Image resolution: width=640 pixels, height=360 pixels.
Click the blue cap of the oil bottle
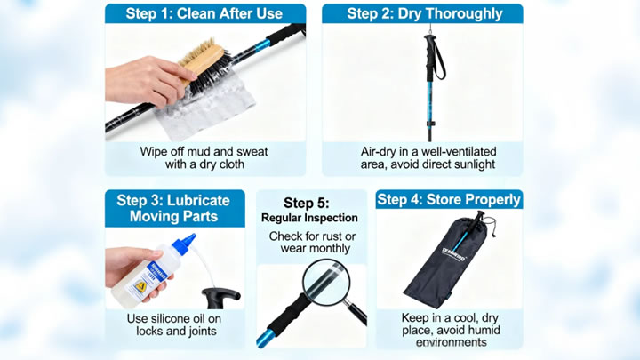click(184, 243)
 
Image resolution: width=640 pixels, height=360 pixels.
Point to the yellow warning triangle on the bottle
click(140, 286)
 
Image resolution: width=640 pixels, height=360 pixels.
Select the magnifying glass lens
click(326, 282)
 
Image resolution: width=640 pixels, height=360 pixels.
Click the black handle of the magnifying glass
click(356, 314)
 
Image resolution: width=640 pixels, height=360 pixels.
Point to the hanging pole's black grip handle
click(429, 57)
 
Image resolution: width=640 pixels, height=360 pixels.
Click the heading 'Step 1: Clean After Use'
click(204, 13)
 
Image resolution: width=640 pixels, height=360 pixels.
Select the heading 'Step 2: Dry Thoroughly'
click(425, 13)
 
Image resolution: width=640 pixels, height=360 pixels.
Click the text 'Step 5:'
click(306, 203)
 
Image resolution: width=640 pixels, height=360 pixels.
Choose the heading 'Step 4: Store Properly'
click(449, 200)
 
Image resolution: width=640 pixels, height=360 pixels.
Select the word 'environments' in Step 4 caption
click(451, 342)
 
